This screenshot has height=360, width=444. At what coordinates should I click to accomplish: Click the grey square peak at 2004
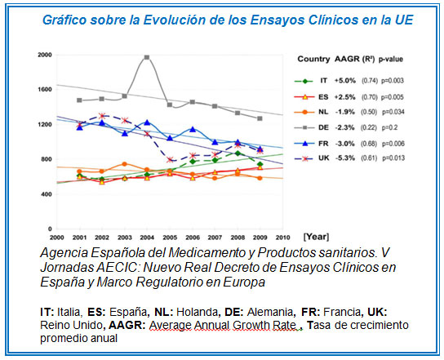click(x=147, y=57)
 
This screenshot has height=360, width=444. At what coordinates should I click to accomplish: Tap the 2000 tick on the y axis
click(x=45, y=55)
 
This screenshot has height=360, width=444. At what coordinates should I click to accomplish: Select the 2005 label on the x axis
click(x=170, y=238)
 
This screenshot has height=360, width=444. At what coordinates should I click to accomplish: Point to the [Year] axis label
click(x=316, y=237)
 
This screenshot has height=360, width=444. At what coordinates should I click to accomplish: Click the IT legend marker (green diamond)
click(x=304, y=82)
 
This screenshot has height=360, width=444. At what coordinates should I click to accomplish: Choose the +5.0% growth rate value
click(x=345, y=81)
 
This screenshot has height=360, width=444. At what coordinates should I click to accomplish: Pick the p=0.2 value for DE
click(x=389, y=127)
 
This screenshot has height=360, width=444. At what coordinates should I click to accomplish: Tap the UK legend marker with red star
click(x=304, y=158)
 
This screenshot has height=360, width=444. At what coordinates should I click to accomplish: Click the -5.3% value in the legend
click(x=345, y=158)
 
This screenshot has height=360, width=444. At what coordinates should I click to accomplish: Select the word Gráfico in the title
click(x=64, y=20)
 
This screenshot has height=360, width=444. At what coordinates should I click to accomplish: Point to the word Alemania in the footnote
click(x=270, y=312)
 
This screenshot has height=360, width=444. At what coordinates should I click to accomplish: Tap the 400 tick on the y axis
click(x=47, y=194)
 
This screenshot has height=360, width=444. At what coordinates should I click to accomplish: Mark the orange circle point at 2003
click(x=124, y=164)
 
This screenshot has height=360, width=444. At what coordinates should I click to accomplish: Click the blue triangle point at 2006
click(x=193, y=129)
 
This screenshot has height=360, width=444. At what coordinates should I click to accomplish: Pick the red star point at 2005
click(x=170, y=160)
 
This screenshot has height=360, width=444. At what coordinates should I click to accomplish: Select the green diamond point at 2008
click(x=238, y=153)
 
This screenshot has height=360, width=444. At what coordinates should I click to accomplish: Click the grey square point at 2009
click(x=260, y=118)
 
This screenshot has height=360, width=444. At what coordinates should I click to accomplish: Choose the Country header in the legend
click(x=313, y=60)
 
